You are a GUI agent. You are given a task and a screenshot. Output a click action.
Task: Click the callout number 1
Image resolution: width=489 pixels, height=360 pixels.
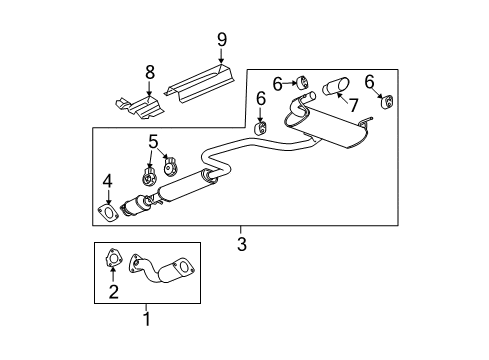click(146, 320)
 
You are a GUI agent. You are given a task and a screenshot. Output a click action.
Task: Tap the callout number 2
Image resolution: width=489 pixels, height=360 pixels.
click(114, 292)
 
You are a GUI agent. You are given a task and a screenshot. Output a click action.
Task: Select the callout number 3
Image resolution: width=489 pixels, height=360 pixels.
click(242, 243)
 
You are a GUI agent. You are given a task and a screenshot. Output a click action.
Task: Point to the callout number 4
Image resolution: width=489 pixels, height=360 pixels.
click(107, 181)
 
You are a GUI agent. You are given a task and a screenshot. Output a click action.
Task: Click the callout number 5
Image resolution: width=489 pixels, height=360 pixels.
click(154, 140)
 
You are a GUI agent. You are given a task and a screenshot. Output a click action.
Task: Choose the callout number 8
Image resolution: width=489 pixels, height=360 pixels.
click(150, 72)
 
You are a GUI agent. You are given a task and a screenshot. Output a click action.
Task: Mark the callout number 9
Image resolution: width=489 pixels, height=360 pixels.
click(222, 40)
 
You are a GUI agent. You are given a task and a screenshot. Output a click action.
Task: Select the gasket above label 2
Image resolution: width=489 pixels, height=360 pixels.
click(113, 262)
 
